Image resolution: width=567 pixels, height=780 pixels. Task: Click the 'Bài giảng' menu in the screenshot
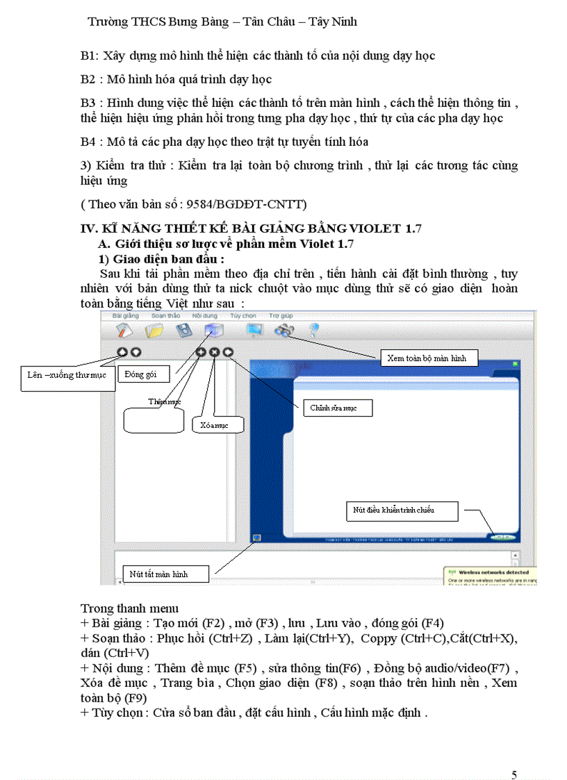tap(126, 315)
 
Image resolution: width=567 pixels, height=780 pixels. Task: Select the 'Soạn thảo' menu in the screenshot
tap(165, 315)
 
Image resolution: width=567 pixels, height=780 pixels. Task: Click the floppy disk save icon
tap(184, 331)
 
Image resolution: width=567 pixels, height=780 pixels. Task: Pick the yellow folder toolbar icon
tap(154, 331)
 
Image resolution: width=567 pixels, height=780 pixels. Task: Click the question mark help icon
tap(313, 331)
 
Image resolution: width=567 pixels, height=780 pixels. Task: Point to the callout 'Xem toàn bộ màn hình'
tap(432, 358)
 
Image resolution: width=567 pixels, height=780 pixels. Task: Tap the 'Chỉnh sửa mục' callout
tap(337, 408)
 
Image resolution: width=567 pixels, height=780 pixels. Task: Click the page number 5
tap(513, 756)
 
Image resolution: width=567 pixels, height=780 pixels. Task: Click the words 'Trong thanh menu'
tap(130, 609)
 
